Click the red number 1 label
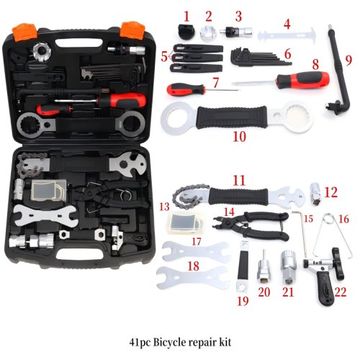click(x=186, y=14)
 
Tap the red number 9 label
click(x=349, y=60)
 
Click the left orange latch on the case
click(x=20, y=31)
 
